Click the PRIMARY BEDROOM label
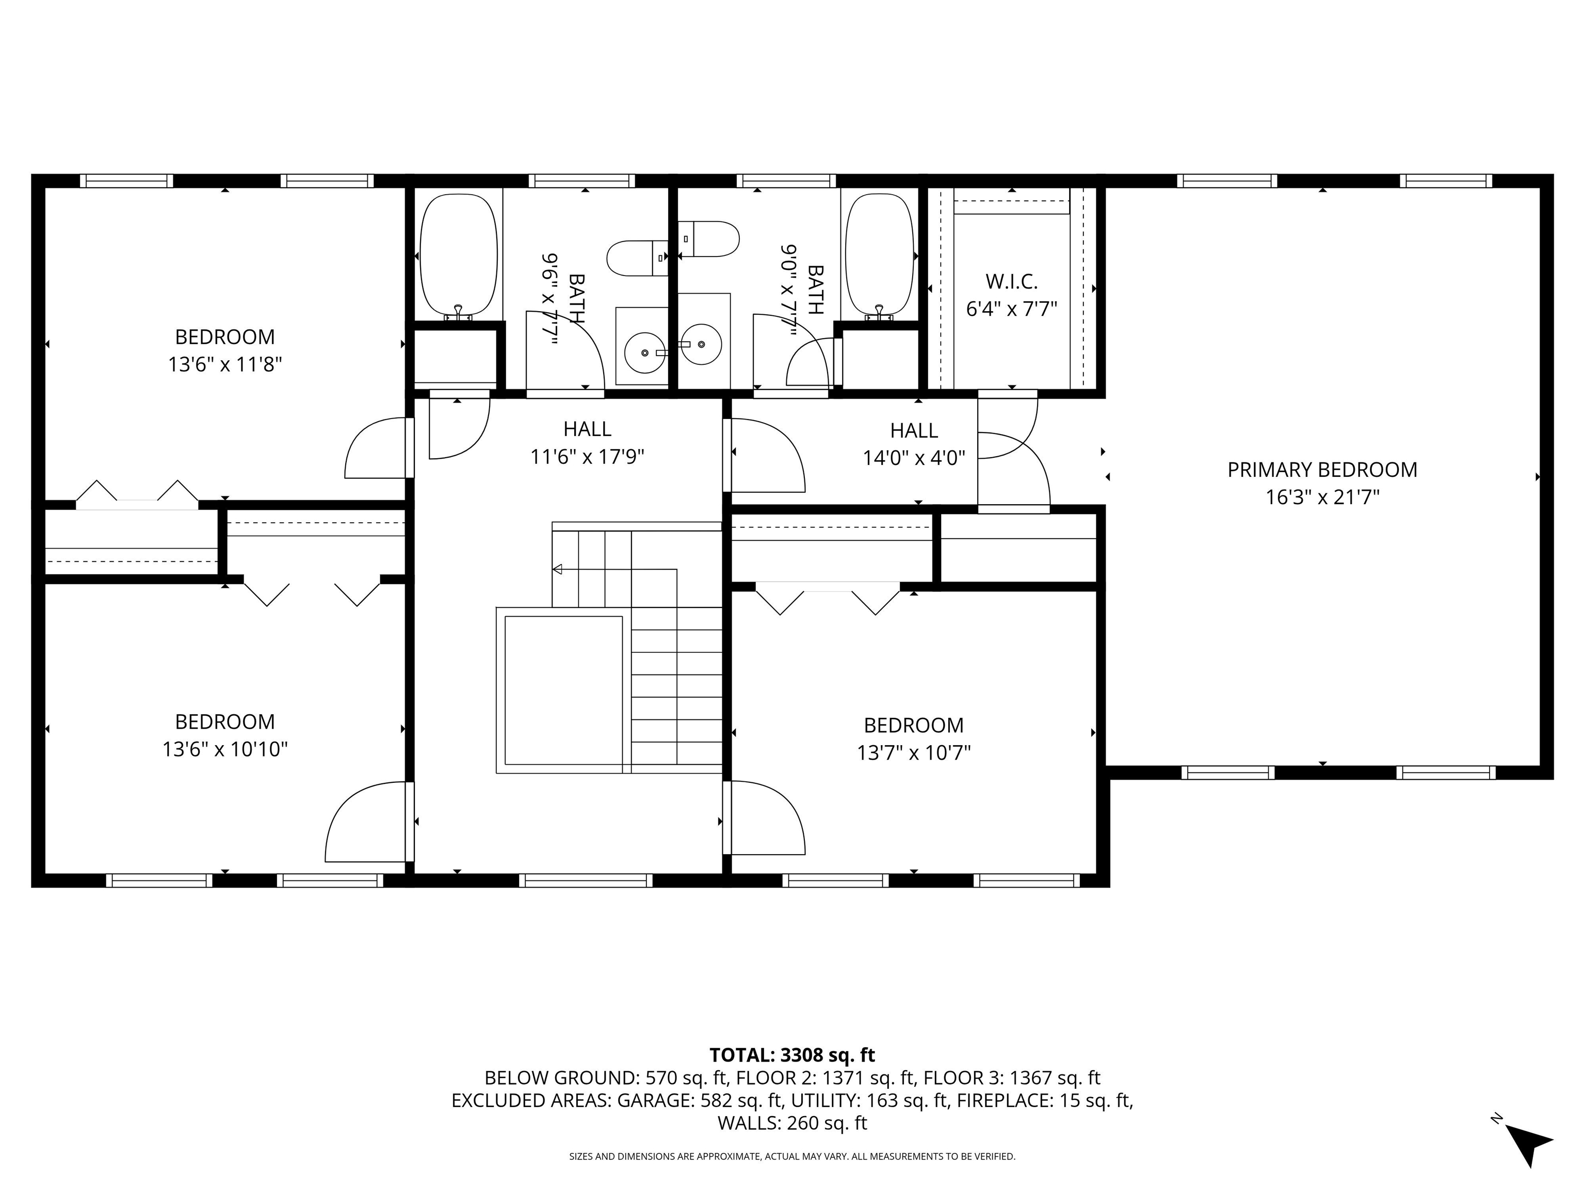(x=1322, y=470)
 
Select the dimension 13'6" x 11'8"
(x=225, y=365)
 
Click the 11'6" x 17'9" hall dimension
(x=587, y=457)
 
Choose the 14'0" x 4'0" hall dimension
(x=914, y=458)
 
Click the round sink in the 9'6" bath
(x=644, y=352)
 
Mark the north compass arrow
(x=1528, y=1146)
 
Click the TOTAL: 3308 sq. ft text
(x=792, y=1055)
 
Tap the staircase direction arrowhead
(x=557, y=569)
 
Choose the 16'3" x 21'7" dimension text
(x=1322, y=497)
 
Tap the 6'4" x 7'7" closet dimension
(x=1012, y=309)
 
